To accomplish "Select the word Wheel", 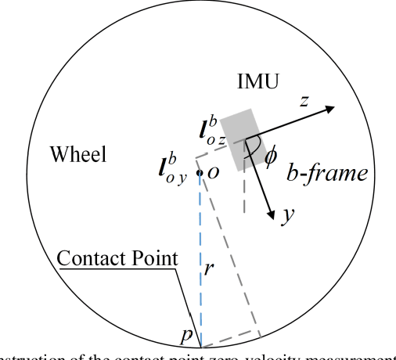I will pos(77,153).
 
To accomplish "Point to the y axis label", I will pos(287,215).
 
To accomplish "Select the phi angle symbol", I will pos(271,157).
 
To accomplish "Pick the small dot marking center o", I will pos(200,172).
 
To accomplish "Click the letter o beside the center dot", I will pos(211,172).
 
